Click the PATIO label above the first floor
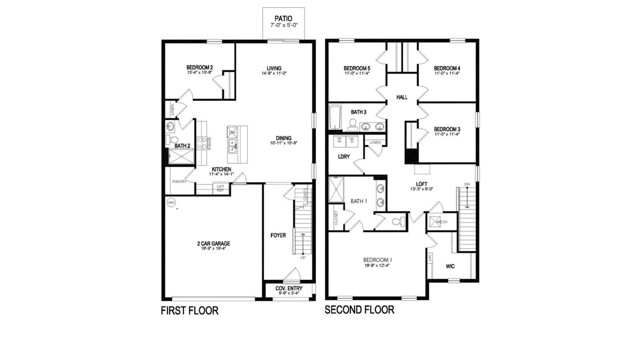tap(283, 18)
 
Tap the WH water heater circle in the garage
tap(171, 203)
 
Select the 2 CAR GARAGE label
tap(213, 244)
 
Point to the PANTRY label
tap(180, 182)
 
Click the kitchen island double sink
tap(232, 146)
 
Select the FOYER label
tap(278, 235)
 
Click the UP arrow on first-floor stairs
tap(302, 244)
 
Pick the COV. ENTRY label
tap(289, 288)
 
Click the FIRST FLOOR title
tap(190, 311)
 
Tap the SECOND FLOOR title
tap(359, 310)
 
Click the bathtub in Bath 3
tap(334, 117)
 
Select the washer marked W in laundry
tap(339, 141)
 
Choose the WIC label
tap(450, 266)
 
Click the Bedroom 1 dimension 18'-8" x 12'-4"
tap(377, 265)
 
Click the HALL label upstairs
tap(402, 97)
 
